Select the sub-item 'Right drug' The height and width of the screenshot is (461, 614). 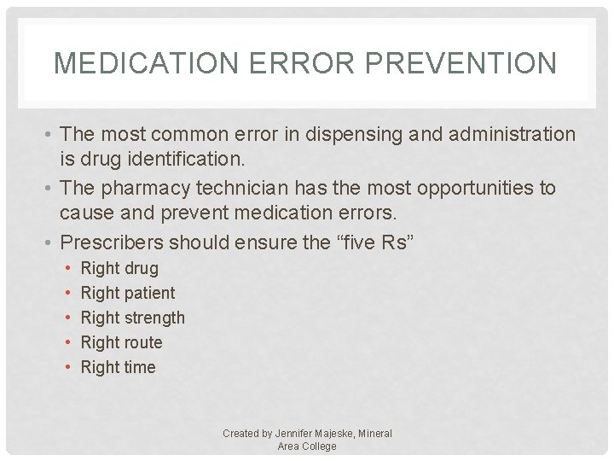[x=119, y=268]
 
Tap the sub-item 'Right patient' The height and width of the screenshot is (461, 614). [x=127, y=293]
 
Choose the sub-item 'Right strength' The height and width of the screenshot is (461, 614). [x=132, y=318]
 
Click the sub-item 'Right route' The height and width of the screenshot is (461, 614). [x=121, y=342]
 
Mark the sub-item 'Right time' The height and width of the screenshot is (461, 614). [x=118, y=367]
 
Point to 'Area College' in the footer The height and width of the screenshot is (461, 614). [x=307, y=446]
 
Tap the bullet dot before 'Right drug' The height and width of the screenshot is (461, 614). [x=67, y=269]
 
